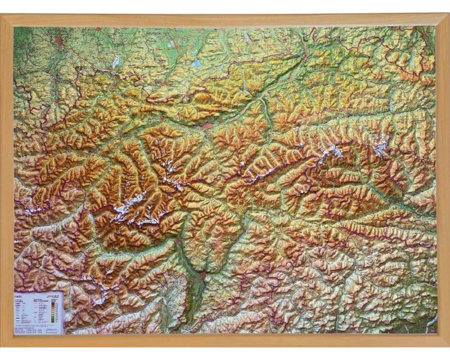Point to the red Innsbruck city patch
coord(206,126)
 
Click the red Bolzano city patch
coord(203,274)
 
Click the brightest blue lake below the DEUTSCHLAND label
coord(196,63)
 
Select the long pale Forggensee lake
coord(116,61)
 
